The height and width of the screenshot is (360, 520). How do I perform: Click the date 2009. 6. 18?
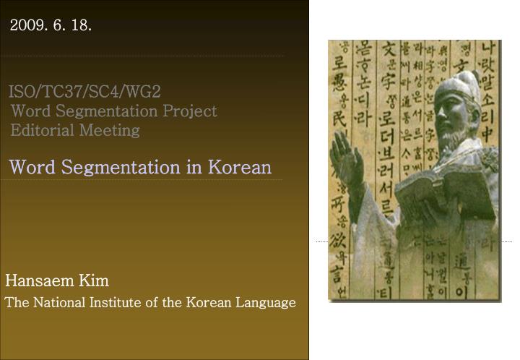(x=51, y=26)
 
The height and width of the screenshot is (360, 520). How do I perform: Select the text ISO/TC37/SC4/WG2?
(x=84, y=92)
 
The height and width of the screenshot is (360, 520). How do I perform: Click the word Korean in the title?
(x=240, y=167)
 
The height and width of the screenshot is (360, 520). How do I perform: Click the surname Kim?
(x=94, y=280)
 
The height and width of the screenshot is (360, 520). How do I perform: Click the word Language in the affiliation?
(x=266, y=302)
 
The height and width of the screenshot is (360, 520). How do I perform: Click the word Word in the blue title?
(x=33, y=167)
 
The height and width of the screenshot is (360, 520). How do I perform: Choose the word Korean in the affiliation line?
(x=209, y=302)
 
